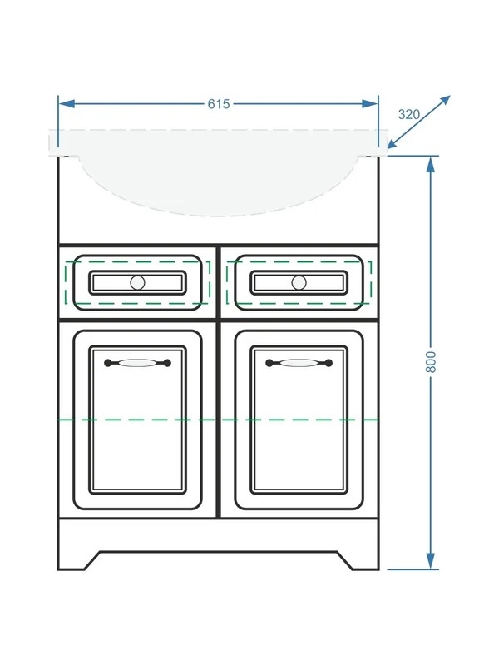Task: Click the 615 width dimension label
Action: pos(219,103)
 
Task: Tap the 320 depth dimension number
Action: pos(409,114)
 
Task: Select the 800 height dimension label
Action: pos(431,362)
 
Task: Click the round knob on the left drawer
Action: pos(137,282)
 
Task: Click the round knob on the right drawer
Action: pos(299,282)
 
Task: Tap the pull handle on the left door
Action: pos(137,363)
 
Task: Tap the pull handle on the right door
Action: pos(299,363)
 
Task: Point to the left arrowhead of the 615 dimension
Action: pos(67,103)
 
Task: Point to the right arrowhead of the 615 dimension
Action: pos(369,103)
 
